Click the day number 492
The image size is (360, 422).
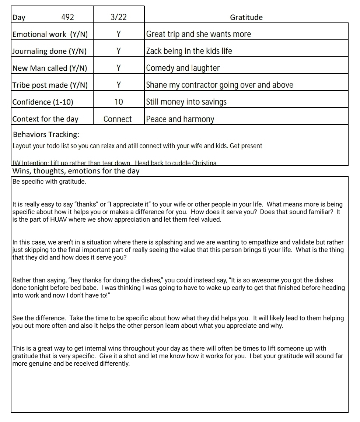(67, 17)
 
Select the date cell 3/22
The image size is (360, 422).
(118, 17)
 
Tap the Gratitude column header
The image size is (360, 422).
(246, 17)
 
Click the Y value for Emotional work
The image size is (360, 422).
(118, 34)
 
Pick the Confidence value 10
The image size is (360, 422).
(119, 102)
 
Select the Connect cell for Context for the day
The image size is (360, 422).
(118, 119)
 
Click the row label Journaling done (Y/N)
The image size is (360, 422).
(49, 51)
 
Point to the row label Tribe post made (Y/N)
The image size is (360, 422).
(50, 85)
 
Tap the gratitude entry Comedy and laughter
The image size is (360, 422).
(183, 68)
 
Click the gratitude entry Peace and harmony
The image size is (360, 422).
(180, 119)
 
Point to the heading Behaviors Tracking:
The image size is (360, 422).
(46, 134)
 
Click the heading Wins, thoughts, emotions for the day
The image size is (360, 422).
(76, 171)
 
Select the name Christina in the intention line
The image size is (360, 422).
(204, 163)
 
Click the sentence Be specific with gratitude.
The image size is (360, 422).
(49, 182)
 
